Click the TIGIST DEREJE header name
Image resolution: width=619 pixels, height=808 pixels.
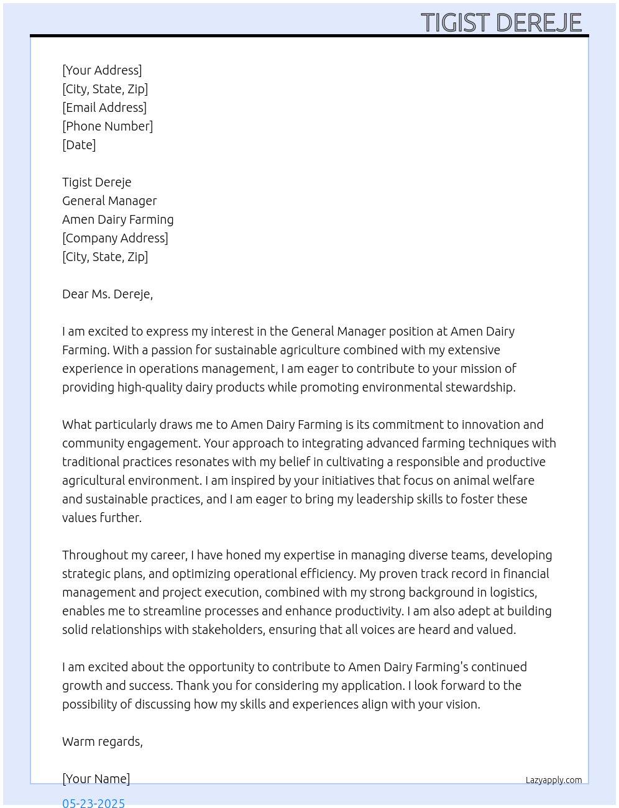[x=501, y=22]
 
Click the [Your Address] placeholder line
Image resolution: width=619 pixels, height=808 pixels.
[x=102, y=70]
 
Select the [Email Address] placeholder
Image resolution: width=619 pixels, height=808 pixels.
[x=104, y=108]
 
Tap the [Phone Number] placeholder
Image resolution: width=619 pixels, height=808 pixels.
[x=108, y=126]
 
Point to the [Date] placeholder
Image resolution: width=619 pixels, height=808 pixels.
[x=79, y=145]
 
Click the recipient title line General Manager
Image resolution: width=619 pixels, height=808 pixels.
[x=109, y=201]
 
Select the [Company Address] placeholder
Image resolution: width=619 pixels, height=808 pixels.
[x=115, y=238]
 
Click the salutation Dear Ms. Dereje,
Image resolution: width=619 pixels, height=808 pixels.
[x=108, y=294]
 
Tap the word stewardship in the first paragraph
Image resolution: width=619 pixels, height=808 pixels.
[x=479, y=387]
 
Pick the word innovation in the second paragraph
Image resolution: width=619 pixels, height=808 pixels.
[x=490, y=425]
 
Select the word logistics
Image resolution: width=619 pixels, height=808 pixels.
[x=513, y=592]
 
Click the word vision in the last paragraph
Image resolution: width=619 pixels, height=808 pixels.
[x=462, y=704]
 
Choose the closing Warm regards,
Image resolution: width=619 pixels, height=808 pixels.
[x=103, y=741]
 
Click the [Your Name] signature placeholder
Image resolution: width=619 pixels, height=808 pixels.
[x=96, y=779]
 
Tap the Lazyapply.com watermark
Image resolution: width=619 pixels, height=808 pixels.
[x=554, y=780]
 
